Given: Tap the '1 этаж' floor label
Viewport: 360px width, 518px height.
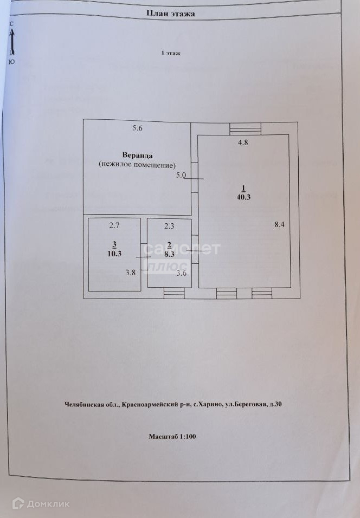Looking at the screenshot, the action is tap(171, 53).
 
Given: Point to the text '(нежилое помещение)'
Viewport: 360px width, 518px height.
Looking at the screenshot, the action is tap(138, 164).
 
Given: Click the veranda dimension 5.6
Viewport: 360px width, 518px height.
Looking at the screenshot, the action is tap(137, 128).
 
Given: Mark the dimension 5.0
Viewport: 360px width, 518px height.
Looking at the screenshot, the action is tap(181, 175).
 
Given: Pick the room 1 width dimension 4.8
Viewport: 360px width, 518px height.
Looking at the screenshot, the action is tap(243, 143).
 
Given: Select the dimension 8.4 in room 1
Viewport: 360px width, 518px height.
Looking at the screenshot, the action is tap(279, 225).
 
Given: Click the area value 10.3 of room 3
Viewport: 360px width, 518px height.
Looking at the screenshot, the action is tap(114, 252).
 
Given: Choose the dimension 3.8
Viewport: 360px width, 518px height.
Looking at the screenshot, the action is tap(131, 273).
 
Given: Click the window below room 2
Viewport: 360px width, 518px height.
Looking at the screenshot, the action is tap(174, 293).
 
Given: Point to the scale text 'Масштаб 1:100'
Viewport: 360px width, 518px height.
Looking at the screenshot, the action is tap(172, 436).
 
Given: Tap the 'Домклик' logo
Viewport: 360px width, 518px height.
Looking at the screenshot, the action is tap(41, 504).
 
